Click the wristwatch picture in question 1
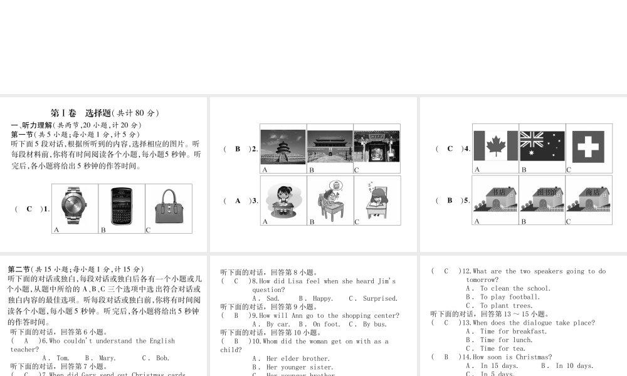(x=75, y=206)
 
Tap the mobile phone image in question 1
(x=122, y=206)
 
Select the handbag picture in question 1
(x=168, y=206)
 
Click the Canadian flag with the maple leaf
(x=495, y=146)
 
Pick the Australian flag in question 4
(x=542, y=146)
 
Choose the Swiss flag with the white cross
(x=589, y=146)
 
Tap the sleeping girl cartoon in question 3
(x=377, y=200)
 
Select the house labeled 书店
(x=495, y=198)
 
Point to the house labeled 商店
(x=589, y=198)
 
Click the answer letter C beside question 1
(x=29, y=209)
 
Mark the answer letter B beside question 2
(x=238, y=149)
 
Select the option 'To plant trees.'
(x=498, y=306)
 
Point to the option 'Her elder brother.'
(x=291, y=359)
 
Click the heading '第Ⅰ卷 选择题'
(x=81, y=113)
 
